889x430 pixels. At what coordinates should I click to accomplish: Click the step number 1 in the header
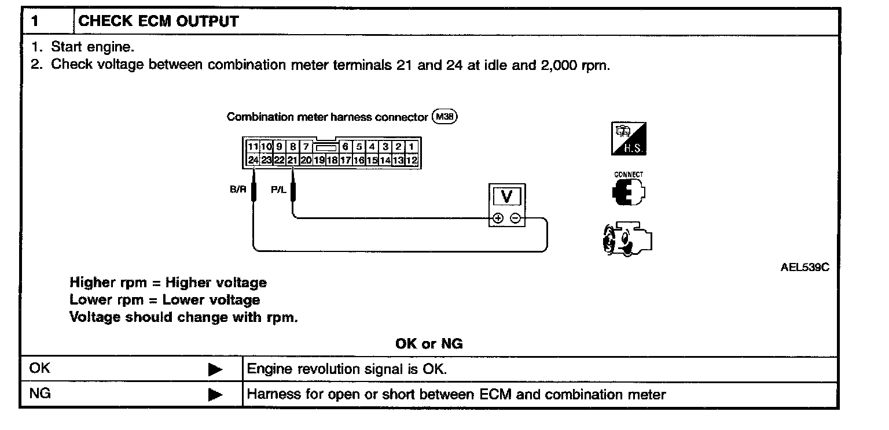[35, 22]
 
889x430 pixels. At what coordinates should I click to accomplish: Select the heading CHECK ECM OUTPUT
[158, 22]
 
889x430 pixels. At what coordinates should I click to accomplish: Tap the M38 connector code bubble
[444, 117]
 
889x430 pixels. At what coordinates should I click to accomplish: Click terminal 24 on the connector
[253, 160]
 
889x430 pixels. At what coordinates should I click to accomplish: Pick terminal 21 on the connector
[292, 160]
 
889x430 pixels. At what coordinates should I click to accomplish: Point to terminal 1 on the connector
[412, 147]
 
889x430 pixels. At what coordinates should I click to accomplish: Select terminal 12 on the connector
[412, 160]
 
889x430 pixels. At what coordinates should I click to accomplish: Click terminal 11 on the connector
[253, 147]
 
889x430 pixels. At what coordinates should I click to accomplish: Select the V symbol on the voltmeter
[507, 197]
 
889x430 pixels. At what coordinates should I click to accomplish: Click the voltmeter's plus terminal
[497, 218]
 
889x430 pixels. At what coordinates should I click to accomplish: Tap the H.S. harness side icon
[629, 139]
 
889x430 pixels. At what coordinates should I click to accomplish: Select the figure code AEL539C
[801, 268]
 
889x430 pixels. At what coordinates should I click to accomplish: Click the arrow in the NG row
[215, 395]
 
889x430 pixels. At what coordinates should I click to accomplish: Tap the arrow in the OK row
[215, 369]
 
